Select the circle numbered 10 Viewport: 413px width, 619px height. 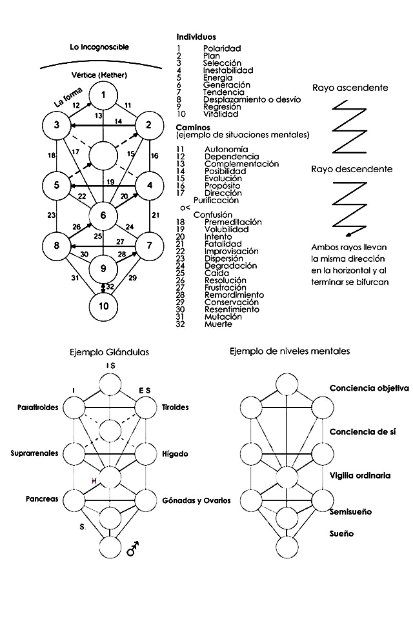click(x=103, y=305)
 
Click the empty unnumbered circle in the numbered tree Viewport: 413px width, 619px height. click(x=103, y=156)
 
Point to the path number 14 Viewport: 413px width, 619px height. click(x=118, y=121)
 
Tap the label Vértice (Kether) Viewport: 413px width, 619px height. click(x=101, y=75)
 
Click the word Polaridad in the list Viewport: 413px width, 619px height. click(x=221, y=48)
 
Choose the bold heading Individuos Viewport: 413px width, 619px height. click(x=196, y=37)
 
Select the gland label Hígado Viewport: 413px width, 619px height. click(x=176, y=454)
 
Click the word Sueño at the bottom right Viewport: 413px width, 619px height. click(x=341, y=534)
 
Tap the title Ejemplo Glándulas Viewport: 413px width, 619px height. click(x=109, y=352)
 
